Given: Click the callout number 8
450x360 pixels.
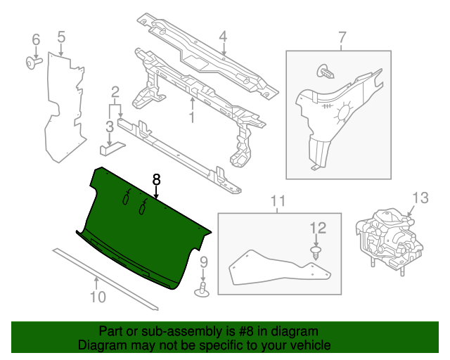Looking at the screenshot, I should pos(156,180).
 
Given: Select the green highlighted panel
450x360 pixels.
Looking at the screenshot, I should pos(141,225).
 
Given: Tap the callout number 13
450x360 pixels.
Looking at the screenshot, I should pos(420,198).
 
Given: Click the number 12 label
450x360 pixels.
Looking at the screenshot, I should pos(318,227).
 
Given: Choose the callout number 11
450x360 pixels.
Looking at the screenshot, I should pos(277,203).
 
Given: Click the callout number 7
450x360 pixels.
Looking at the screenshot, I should pos(342,37).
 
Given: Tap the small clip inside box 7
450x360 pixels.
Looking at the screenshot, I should pos(325,71).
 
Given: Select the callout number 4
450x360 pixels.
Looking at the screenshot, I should pos(223,37).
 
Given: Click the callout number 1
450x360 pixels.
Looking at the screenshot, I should pos(191,117).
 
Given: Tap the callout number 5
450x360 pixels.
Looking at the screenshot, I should pos(61,36).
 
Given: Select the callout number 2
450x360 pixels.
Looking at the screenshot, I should pos(115,91).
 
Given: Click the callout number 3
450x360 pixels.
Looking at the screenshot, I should pos(110,127).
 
